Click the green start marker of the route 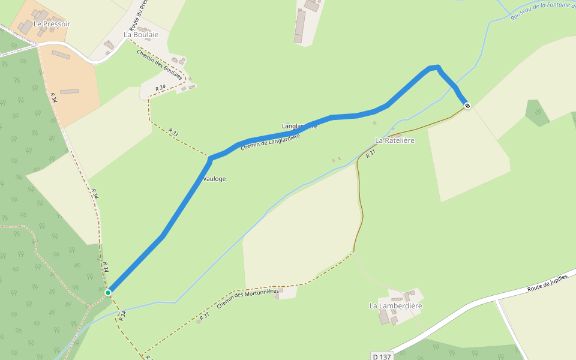tap(108, 293)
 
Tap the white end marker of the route tap(467, 106)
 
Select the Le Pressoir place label tap(52, 24)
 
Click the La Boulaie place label tap(141, 35)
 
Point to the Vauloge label tap(214, 179)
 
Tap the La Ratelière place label tap(395, 140)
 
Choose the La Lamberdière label tap(395, 306)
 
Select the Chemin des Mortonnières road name tap(248, 299)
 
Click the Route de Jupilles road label tap(547, 284)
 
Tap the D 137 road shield tap(381, 356)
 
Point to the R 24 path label tap(160, 88)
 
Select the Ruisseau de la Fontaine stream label tap(543, 10)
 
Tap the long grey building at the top tap(299, 26)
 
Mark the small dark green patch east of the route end tap(538, 112)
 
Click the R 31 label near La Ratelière tap(370, 153)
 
